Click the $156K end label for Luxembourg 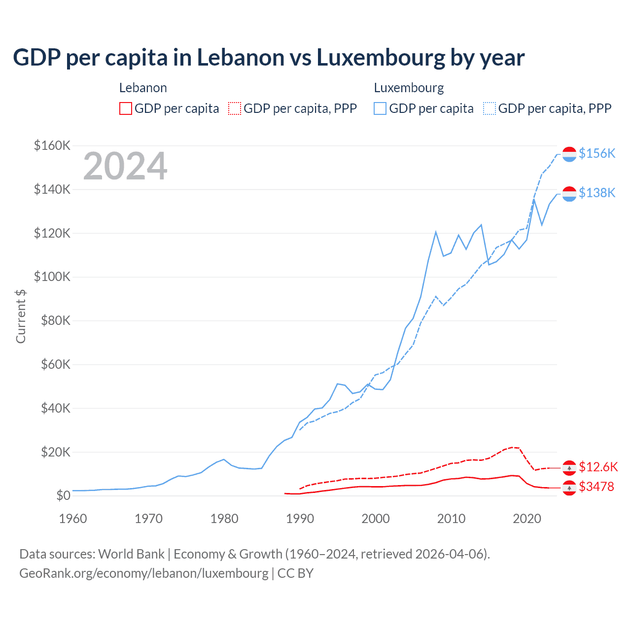[597, 154]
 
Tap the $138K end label [597, 193]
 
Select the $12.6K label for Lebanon [598, 467]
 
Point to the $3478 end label [596, 487]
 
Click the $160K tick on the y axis [52, 146]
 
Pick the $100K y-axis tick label [52, 277]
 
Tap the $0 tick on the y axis [63, 496]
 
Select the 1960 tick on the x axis [73, 519]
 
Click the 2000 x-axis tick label [376, 519]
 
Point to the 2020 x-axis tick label [527, 519]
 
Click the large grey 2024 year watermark [125, 167]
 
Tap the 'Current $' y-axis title [21, 316]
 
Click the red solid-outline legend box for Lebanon [126, 108]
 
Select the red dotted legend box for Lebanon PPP [235, 108]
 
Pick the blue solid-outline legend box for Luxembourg [380, 108]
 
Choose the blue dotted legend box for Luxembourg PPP [490, 108]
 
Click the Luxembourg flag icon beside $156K [569, 154]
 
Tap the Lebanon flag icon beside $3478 [569, 488]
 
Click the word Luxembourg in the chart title [381, 58]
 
